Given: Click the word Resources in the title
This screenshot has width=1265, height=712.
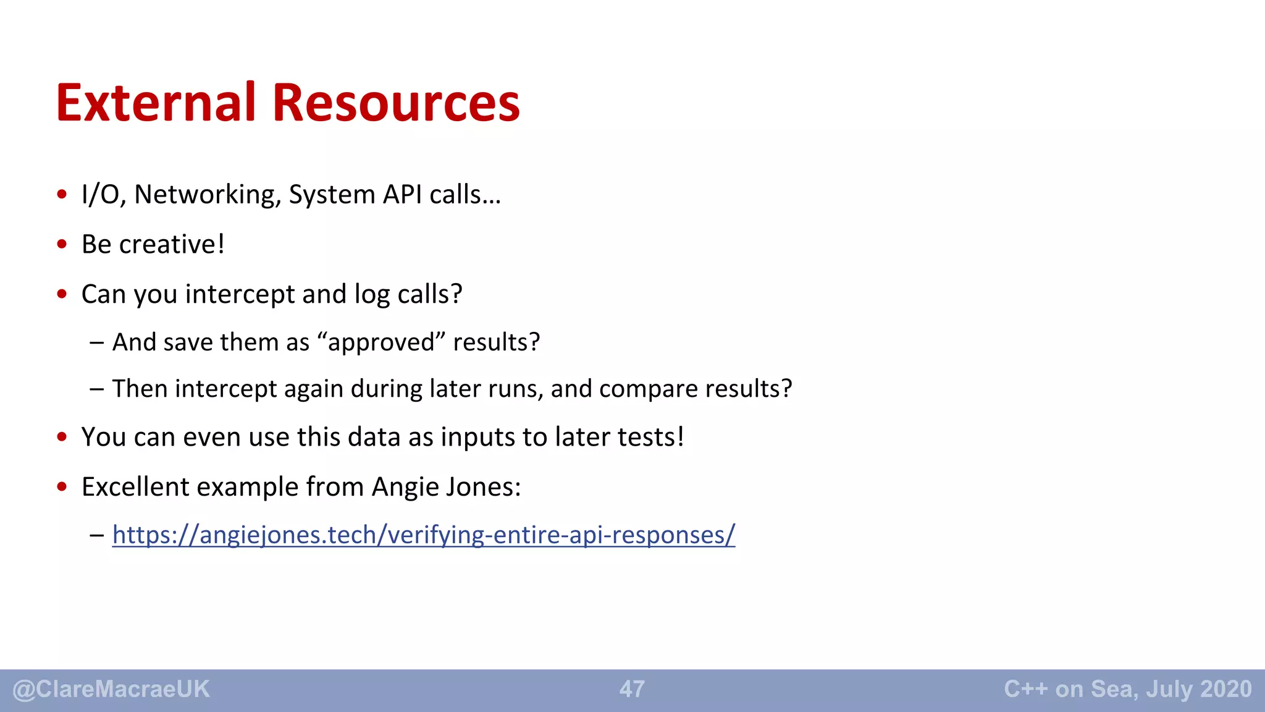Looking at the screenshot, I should (396, 103).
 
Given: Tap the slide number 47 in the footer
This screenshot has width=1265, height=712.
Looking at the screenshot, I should (632, 689).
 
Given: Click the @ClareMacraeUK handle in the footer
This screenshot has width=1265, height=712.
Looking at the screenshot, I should (111, 689).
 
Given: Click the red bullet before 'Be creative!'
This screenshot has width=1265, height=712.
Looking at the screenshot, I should (62, 244).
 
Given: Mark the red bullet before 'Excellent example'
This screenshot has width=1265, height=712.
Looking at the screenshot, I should (62, 487).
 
